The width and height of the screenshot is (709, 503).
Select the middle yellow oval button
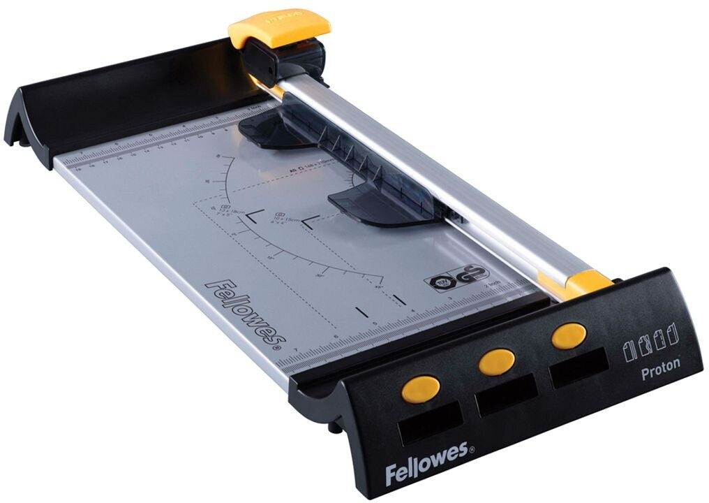496,361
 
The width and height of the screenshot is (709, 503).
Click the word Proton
660,370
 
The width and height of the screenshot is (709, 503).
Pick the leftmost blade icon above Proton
627,350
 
